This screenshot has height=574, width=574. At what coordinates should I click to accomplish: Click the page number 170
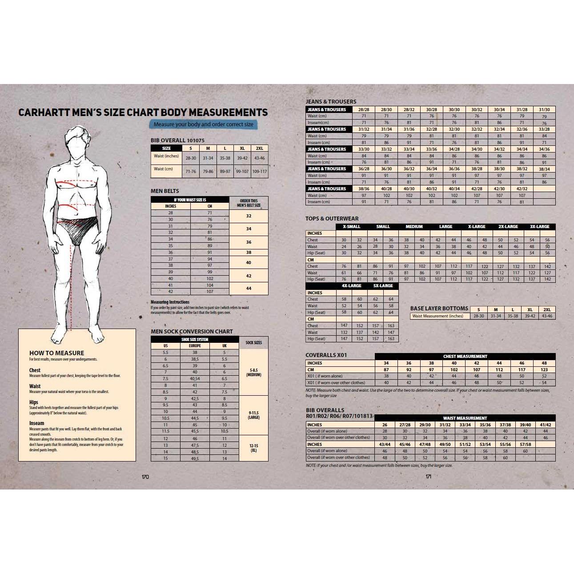click(145, 477)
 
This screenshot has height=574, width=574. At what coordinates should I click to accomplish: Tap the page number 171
click(428, 476)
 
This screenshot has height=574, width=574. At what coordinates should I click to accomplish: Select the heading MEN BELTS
click(165, 191)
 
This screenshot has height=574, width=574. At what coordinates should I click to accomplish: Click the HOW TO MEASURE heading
click(56, 353)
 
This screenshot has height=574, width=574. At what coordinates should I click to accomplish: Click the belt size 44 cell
click(249, 289)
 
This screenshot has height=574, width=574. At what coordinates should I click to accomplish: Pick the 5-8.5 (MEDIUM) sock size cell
click(253, 372)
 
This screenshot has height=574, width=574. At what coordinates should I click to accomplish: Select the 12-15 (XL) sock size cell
click(253, 448)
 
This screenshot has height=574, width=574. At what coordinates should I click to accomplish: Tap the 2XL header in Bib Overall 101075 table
click(259, 149)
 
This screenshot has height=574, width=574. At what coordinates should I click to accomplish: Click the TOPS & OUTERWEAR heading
click(332, 219)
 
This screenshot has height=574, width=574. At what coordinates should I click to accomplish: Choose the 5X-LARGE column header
click(383, 286)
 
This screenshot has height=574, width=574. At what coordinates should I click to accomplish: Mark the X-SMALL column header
click(351, 227)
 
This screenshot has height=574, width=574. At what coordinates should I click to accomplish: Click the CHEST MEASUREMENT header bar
click(465, 357)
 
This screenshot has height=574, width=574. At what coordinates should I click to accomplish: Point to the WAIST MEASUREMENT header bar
click(465, 418)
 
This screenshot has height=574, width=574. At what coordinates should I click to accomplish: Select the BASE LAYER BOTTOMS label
click(439, 309)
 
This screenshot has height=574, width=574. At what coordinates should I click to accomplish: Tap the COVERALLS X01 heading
click(326, 355)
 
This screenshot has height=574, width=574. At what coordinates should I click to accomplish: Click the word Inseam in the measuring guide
click(36, 423)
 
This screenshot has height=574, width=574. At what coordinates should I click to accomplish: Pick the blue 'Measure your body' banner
click(203, 124)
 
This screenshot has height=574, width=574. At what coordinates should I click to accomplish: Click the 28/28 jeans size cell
click(364, 109)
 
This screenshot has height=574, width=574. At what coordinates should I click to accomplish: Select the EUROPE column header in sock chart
click(195, 346)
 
